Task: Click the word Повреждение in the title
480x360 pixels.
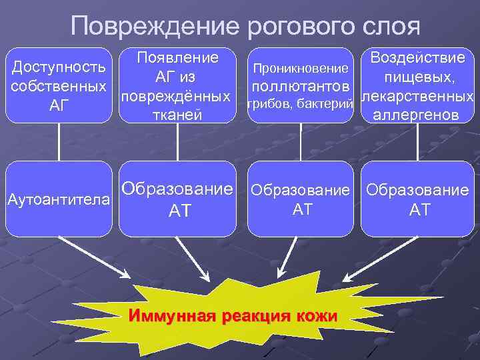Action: pyautogui.click(x=155, y=27)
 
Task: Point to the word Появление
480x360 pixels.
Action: pyautogui.click(x=178, y=57)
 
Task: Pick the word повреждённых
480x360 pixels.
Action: pyautogui.click(x=178, y=96)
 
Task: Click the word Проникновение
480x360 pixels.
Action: pyautogui.click(x=299, y=69)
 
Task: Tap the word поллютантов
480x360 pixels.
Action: pyautogui.click(x=299, y=87)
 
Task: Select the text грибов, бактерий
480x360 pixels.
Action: pyautogui.click(x=299, y=103)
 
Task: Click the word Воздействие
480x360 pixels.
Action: pyautogui.click(x=417, y=58)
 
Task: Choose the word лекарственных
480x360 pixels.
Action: pyautogui.click(x=417, y=97)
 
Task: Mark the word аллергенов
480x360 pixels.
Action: pyautogui.click(x=417, y=115)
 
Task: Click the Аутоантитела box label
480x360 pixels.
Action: pyautogui.click(x=59, y=199)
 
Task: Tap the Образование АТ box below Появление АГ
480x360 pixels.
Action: pyautogui.click(x=178, y=199)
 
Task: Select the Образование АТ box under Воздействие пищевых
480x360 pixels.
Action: pyautogui.click(x=417, y=199)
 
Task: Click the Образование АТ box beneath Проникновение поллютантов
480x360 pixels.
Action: pyautogui.click(x=299, y=199)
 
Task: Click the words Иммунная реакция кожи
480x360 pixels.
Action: pyautogui.click(x=233, y=315)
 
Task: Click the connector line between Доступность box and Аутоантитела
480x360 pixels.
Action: pyautogui.click(x=59, y=141)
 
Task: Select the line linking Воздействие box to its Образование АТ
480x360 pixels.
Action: pyautogui.click(x=417, y=141)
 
